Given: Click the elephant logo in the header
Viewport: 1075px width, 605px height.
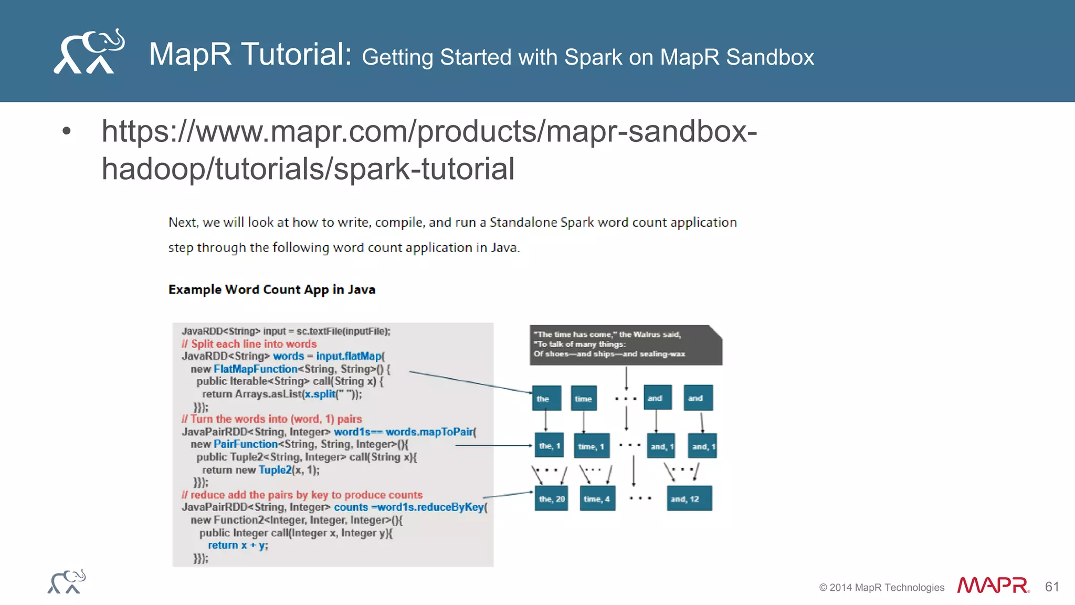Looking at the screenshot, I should click(x=89, y=51).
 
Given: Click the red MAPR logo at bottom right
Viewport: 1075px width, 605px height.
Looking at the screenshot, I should click(x=993, y=586).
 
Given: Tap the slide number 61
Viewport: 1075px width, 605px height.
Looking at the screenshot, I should click(x=1051, y=587).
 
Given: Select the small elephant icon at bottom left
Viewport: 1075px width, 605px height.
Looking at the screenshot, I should click(x=67, y=582).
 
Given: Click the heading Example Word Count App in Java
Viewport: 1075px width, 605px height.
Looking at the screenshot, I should click(x=271, y=289).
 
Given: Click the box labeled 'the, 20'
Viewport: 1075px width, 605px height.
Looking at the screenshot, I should click(x=551, y=498).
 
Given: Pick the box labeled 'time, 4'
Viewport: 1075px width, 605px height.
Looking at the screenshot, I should click(x=597, y=498).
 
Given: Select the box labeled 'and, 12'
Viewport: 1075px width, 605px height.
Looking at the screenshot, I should click(x=689, y=498).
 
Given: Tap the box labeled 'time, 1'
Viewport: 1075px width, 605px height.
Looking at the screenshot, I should click(x=592, y=446).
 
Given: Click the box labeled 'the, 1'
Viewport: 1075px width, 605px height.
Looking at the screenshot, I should click(x=549, y=446).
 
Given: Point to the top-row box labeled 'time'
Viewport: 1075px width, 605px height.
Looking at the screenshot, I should click(x=583, y=398).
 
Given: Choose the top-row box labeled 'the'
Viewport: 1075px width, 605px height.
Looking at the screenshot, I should click(x=546, y=398).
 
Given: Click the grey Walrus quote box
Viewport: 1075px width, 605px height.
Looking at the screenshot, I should click(x=625, y=345).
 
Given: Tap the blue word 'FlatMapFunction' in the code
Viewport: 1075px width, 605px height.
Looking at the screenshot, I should click(x=256, y=369).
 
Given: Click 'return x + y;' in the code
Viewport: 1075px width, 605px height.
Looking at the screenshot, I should click(x=237, y=545).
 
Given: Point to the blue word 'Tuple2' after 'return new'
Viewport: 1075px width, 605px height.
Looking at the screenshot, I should click(x=275, y=470).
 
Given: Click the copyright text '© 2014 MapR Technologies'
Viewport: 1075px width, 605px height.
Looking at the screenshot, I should click(x=881, y=588).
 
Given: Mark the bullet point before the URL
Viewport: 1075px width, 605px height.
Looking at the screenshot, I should click(x=66, y=131).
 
